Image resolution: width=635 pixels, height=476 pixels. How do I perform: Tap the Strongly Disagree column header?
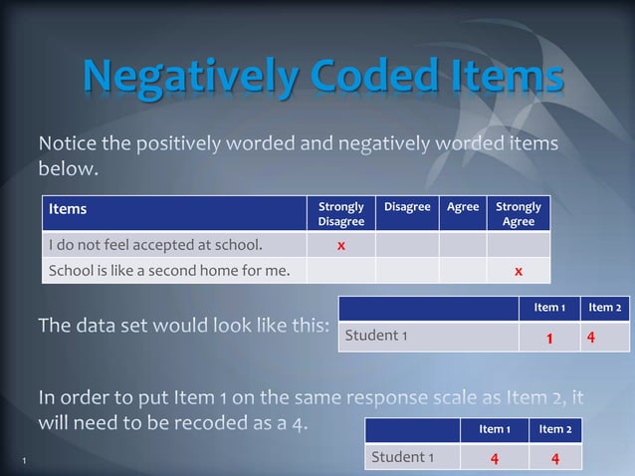pos(340,214)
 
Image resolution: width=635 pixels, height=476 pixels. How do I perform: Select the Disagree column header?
pos(407,207)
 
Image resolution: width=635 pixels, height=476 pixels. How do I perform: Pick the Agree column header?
pos(463,207)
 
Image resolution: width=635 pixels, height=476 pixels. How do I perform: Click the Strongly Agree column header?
pos(519,214)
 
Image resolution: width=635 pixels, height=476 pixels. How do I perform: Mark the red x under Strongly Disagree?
pos(340,245)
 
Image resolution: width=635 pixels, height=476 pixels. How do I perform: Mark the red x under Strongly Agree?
pos(519,270)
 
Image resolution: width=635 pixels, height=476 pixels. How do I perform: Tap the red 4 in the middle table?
pos(591,338)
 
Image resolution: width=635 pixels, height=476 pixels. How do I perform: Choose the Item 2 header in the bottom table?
pos(554,429)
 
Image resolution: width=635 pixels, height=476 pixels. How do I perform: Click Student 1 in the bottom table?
pos(402,457)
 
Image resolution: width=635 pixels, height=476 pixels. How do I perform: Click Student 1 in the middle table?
pos(376,336)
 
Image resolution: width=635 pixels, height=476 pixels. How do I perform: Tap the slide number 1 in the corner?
pos(22,460)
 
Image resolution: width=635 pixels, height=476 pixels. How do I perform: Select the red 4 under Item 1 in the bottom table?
pos(494,459)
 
